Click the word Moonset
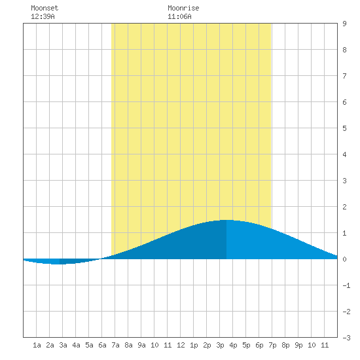coord(45,8)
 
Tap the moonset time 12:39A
coord(43,16)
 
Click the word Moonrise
coord(183,8)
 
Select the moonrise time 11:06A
coord(179,16)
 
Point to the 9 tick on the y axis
coord(344,24)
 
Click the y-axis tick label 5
coord(344,128)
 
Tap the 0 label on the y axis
coord(344,259)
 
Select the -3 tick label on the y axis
coord(346,338)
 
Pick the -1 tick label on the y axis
coord(346,285)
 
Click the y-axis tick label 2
coord(344,207)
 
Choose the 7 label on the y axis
coord(344,76)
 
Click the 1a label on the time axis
coord(37,345)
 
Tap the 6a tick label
coord(102,345)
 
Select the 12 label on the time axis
coord(181,345)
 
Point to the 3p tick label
coord(220,345)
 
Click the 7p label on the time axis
coord(272,345)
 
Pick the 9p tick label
coord(298,345)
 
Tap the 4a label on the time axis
coord(76,345)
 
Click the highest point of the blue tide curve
coord(226,220)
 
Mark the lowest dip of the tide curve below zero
coord(57,264)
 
